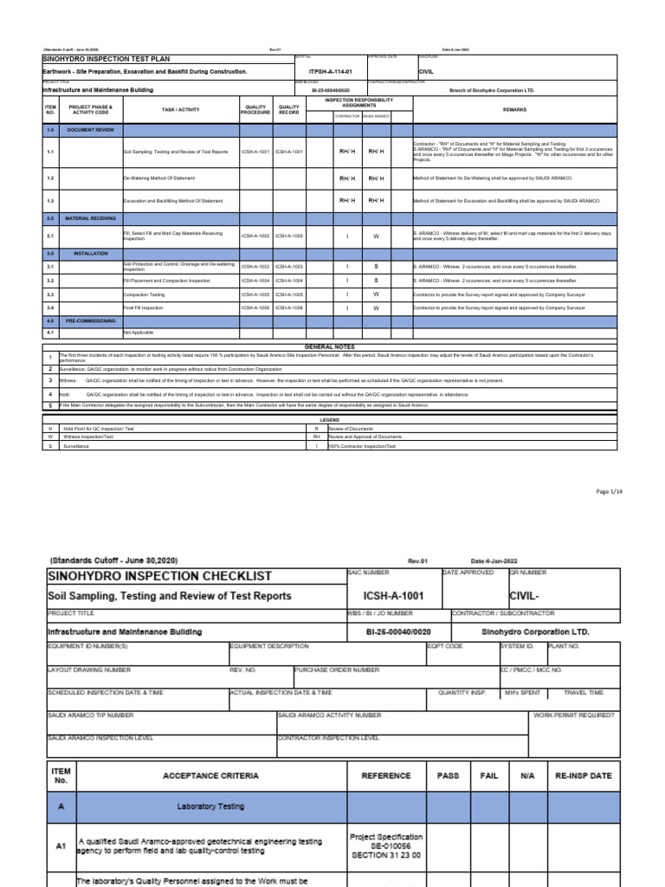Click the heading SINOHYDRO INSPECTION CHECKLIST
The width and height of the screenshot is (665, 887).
pyautogui.click(x=159, y=576)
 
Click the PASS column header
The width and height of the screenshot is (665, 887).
pyautogui.click(x=447, y=777)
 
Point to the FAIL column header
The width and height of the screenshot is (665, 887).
pyautogui.click(x=489, y=777)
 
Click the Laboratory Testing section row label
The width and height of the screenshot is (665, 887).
pyautogui.click(x=210, y=806)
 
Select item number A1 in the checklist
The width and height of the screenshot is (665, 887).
pyautogui.click(x=61, y=846)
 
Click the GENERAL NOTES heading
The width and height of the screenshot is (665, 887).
pyautogui.click(x=325, y=346)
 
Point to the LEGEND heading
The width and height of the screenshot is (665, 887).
pyautogui.click(x=325, y=419)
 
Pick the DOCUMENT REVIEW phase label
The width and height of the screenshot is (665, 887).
pyautogui.click(x=90, y=128)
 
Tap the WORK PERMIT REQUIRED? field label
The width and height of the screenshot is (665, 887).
pyautogui.click(x=573, y=715)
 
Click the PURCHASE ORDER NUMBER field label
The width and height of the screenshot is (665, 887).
pyautogui.click(x=337, y=670)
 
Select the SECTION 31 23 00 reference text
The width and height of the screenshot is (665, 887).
pyautogui.click(x=385, y=855)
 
